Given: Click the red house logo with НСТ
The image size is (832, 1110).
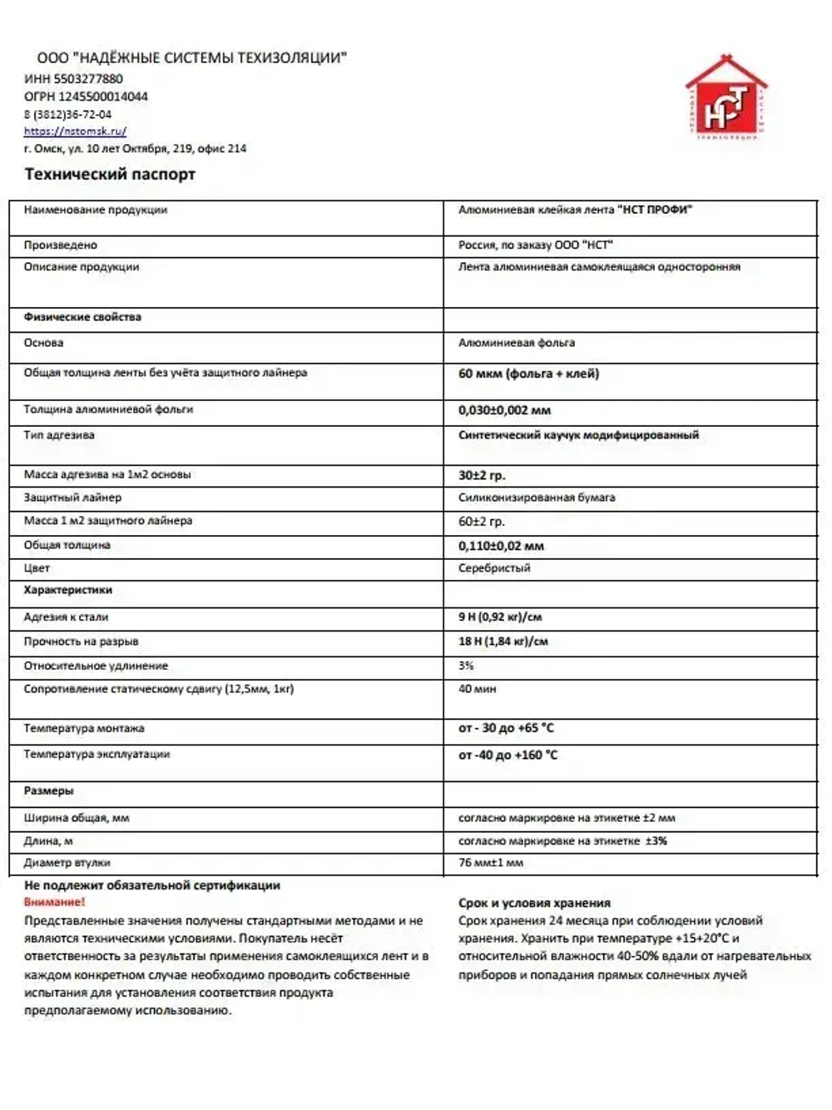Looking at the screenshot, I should [x=726, y=98].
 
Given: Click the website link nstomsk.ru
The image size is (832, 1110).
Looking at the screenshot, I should [x=75, y=131].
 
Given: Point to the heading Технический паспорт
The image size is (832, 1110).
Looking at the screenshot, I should [x=110, y=175].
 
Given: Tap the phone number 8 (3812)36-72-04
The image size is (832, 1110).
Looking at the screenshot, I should [x=67, y=115].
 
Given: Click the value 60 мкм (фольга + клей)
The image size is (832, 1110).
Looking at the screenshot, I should [x=528, y=374].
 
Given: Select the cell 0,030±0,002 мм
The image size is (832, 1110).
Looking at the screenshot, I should [x=504, y=410].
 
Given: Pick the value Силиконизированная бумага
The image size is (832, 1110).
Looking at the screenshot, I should [x=537, y=498].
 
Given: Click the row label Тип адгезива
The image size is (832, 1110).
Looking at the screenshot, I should [x=59, y=435].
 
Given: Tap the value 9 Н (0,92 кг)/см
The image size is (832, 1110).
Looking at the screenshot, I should [x=500, y=617].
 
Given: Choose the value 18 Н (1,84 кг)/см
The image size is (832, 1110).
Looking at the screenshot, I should [x=503, y=642].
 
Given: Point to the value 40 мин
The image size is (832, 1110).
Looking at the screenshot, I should [x=477, y=689].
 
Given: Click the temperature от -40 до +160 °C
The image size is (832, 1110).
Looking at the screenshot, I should [x=508, y=756].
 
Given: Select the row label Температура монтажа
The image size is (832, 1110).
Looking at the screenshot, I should [x=84, y=729].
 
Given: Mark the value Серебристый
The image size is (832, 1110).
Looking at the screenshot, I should [x=494, y=568].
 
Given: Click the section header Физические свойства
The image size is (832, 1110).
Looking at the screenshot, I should [x=82, y=317].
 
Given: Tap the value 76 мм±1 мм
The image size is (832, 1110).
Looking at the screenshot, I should [x=491, y=863].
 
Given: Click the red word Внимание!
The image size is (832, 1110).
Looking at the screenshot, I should [x=54, y=902].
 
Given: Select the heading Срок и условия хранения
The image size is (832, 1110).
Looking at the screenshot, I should [x=534, y=903].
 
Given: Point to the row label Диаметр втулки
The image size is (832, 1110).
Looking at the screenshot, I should [x=67, y=863].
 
